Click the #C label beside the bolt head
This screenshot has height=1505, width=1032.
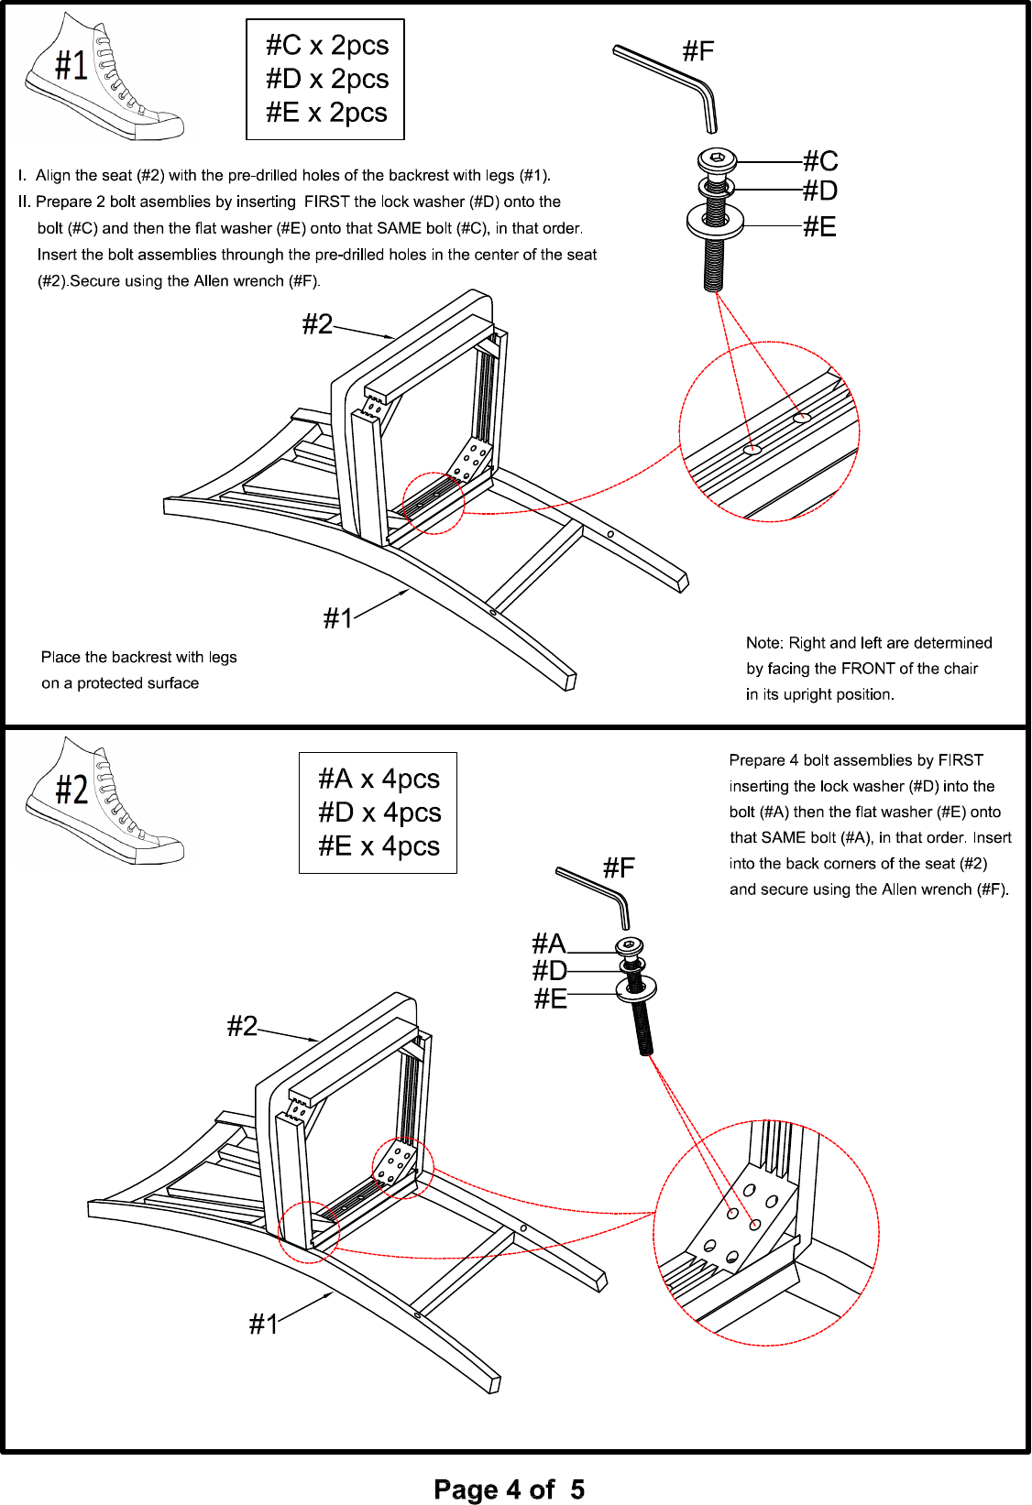pyautogui.click(x=820, y=161)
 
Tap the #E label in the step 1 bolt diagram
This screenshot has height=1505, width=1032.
pyautogui.click(x=819, y=227)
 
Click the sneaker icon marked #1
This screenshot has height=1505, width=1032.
pyautogui.click(x=104, y=77)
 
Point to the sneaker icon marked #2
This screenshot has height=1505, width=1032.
pyautogui.click(x=104, y=801)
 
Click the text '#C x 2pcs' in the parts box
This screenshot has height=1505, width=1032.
pyautogui.click(x=327, y=46)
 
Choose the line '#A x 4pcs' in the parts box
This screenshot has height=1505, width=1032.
pyautogui.click(x=379, y=779)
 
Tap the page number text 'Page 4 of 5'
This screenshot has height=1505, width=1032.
pyautogui.click(x=509, y=1489)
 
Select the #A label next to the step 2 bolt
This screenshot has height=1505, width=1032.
pyautogui.click(x=549, y=944)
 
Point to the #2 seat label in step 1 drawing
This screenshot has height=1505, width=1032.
pyautogui.click(x=317, y=324)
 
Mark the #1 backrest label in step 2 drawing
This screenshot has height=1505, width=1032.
pyautogui.click(x=264, y=1325)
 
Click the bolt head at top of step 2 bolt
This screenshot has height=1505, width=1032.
pyautogui.click(x=630, y=946)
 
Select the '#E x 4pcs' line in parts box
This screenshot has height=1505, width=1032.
pyautogui.click(x=379, y=845)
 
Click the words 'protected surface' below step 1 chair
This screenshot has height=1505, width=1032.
pyautogui.click(x=137, y=683)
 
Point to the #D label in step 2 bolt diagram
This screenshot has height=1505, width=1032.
pyautogui.click(x=549, y=971)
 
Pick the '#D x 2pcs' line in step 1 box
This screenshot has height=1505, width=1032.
pyautogui.click(x=327, y=80)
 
